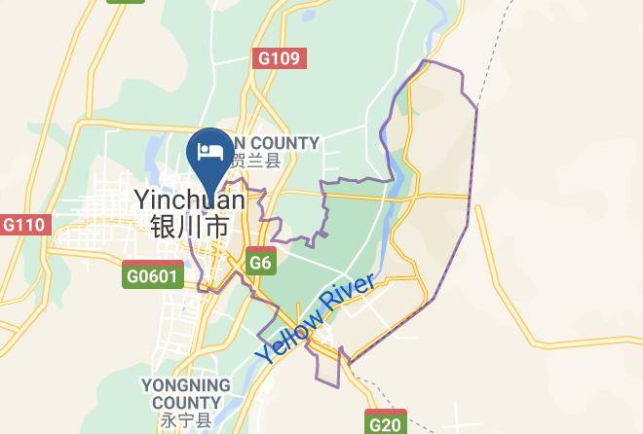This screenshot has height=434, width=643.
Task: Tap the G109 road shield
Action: (x=280, y=58)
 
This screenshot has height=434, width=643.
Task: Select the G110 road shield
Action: (x=23, y=225)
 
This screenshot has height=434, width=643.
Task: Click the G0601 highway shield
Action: (x=153, y=275)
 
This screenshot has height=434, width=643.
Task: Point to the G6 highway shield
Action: (x=260, y=263)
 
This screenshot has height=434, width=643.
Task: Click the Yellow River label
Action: (x=315, y=319)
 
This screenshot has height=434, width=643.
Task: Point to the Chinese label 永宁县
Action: (x=185, y=420)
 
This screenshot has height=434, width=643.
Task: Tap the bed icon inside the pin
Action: (x=209, y=151)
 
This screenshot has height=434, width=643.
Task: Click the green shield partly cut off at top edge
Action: (x=126, y=2)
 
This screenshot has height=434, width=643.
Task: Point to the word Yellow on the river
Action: (x=288, y=338)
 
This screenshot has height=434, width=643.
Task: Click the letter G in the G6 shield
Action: (x=255, y=263)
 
